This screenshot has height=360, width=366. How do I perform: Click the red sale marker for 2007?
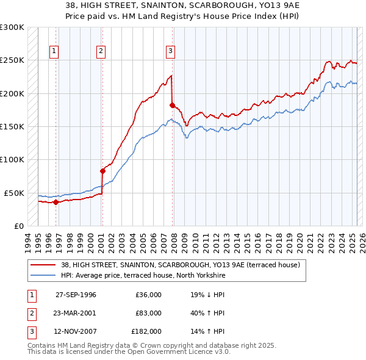[172, 106]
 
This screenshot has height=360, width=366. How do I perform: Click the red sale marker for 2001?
[102, 171]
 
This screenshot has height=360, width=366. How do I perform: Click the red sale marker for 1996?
[56, 202]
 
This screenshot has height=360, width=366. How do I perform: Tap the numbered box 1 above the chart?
[55, 51]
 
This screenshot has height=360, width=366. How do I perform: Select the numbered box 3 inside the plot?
[171, 51]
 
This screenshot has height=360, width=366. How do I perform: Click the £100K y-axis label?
[13, 160]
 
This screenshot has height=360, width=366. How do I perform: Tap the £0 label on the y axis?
[18, 226]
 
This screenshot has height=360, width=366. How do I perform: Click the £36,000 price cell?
[148, 295]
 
